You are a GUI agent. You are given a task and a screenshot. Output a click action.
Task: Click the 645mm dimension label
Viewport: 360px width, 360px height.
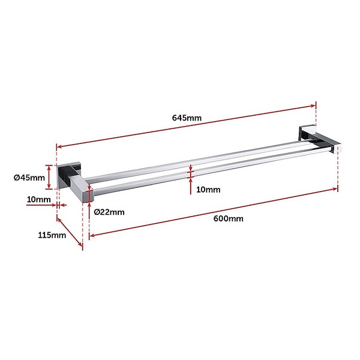187,118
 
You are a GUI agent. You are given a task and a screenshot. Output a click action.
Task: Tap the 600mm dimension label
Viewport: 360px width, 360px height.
228,218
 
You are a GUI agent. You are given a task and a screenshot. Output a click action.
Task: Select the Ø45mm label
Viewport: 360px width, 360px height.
29,178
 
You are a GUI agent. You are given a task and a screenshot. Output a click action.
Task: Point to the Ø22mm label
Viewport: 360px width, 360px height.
109,212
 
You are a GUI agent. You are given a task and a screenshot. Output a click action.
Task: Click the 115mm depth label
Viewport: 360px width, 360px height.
52,235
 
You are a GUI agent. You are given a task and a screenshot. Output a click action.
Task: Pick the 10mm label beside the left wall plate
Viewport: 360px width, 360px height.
38,199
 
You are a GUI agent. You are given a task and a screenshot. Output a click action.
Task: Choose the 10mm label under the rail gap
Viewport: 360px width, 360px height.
208,190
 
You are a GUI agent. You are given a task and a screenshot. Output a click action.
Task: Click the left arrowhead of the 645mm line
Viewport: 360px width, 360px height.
59,146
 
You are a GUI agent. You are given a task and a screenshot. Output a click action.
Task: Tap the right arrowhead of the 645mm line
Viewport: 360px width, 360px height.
313,106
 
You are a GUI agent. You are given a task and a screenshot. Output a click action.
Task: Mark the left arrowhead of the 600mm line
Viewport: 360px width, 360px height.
92,235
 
